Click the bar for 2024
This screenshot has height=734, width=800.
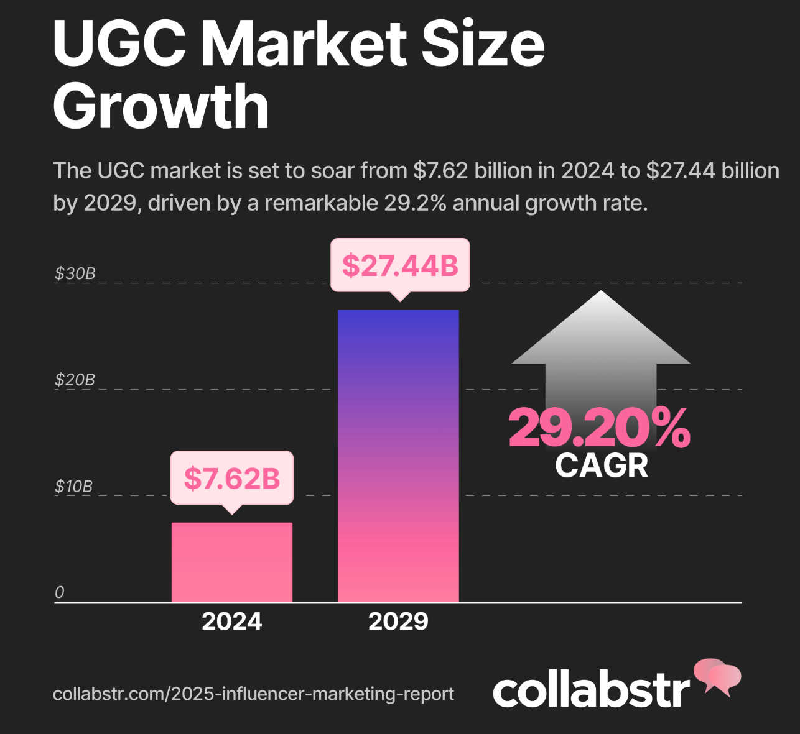click(231, 562)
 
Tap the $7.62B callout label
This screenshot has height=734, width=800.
click(231, 478)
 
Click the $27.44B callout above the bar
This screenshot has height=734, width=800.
click(399, 265)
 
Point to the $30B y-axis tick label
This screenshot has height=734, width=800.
click(75, 273)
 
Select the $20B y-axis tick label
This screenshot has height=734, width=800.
click(75, 380)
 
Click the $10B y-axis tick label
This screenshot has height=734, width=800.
click(73, 486)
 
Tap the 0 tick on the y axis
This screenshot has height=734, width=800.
click(60, 592)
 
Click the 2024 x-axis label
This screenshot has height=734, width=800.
click(231, 622)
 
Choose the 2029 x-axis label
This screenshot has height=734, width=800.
click(398, 622)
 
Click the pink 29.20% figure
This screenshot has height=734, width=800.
click(599, 428)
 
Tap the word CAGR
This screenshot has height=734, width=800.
click(601, 466)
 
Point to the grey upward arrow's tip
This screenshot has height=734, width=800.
click(601, 293)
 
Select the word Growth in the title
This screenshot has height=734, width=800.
click(160, 107)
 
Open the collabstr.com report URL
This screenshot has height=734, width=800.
click(253, 694)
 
